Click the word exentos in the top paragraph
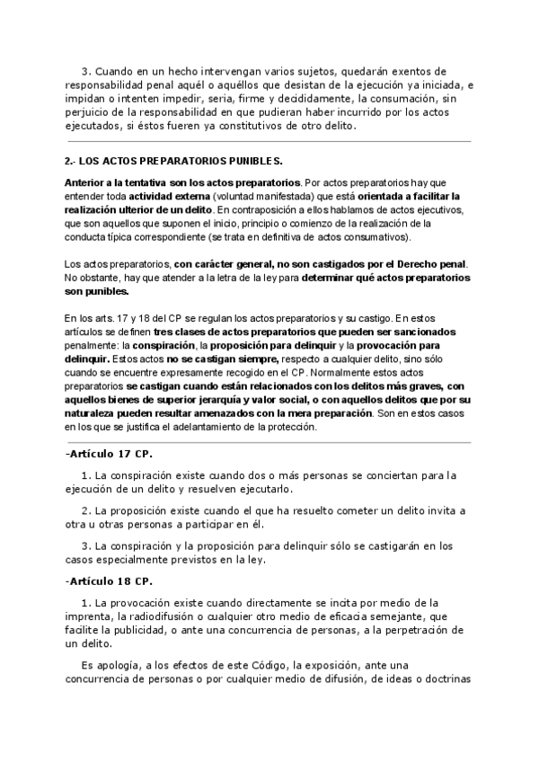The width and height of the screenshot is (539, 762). pyautogui.click(x=431, y=70)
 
